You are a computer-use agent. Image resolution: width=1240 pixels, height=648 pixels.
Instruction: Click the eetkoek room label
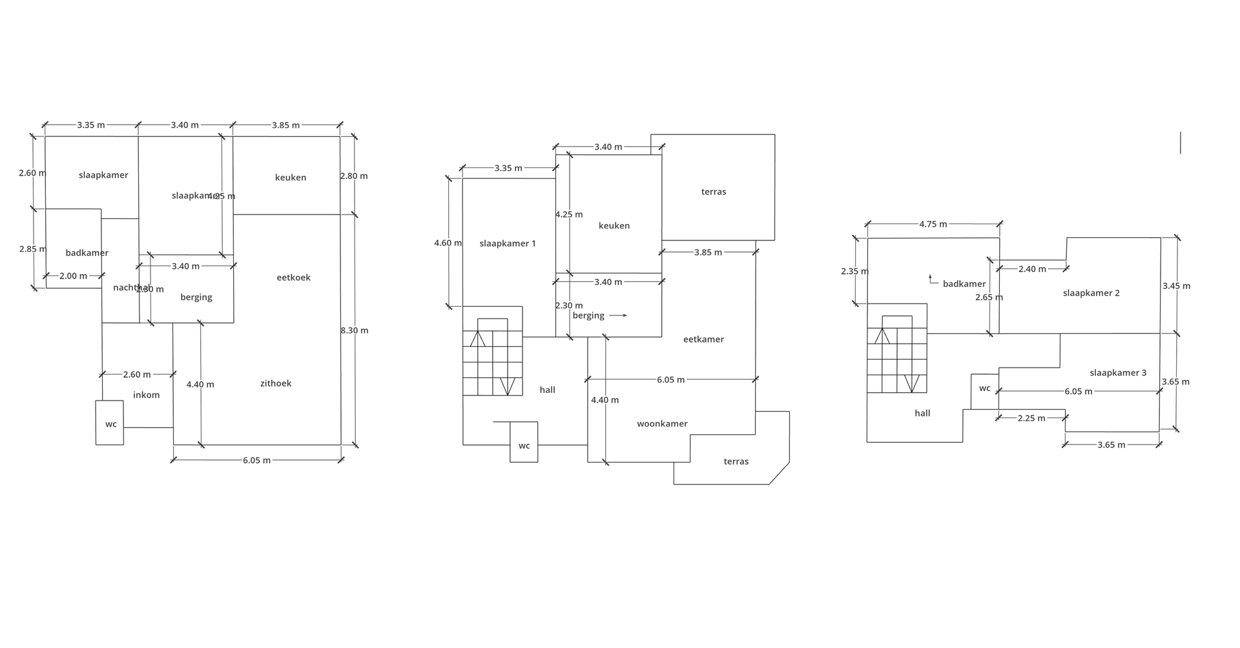(294, 278)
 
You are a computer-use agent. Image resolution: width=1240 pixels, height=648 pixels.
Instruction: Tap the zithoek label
(276, 384)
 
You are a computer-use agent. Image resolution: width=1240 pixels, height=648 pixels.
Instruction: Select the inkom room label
(147, 395)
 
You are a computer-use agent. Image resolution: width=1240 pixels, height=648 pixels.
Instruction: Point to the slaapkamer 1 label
(508, 244)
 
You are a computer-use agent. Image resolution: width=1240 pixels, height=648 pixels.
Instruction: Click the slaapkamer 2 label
(1091, 293)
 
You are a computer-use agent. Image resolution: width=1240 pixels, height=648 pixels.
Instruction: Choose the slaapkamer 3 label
(1118, 373)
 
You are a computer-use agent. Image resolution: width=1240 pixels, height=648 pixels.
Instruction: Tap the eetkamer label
(703, 339)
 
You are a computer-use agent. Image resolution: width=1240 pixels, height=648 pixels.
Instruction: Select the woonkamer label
(662, 424)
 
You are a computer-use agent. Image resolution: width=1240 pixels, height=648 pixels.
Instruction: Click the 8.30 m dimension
(355, 331)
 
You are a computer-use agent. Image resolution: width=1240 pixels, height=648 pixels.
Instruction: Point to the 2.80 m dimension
(354, 176)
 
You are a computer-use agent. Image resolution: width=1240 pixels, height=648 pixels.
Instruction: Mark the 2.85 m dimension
(32, 249)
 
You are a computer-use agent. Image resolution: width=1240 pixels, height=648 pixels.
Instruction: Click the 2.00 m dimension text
(73, 276)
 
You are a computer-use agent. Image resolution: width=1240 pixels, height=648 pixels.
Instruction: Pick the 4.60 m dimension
(448, 243)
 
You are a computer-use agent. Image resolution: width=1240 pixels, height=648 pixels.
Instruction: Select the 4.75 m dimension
(933, 224)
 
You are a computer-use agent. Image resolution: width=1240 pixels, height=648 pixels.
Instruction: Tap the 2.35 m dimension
(854, 271)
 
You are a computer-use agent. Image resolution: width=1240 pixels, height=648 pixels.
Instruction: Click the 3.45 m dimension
(1176, 286)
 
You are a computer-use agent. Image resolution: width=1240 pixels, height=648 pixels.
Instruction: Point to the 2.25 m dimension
(1031, 418)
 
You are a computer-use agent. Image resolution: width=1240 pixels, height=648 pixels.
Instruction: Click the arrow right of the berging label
(618, 315)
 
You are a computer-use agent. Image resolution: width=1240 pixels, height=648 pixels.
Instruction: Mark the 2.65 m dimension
(989, 297)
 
